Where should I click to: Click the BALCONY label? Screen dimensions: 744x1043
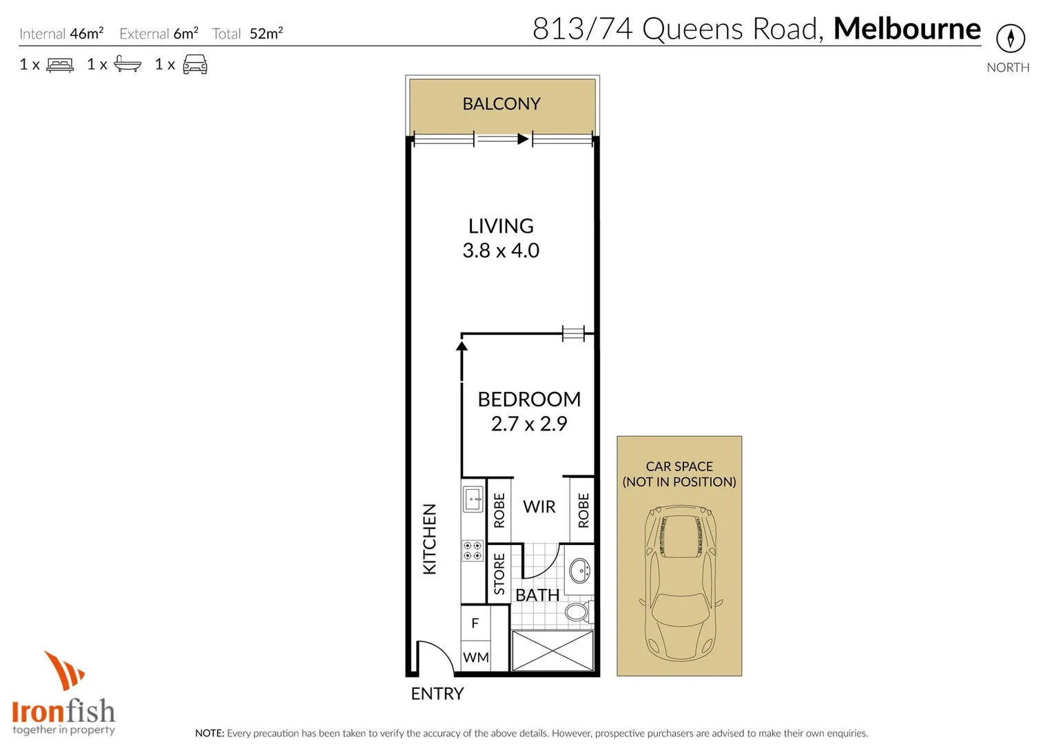pyautogui.click(x=501, y=104)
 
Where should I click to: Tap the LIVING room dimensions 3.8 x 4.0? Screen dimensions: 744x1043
pyautogui.click(x=501, y=251)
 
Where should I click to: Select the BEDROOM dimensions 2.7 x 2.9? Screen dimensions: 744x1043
pyautogui.click(x=528, y=424)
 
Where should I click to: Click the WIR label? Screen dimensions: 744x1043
pyautogui.click(x=539, y=507)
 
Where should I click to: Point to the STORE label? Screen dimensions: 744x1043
pyautogui.click(x=499, y=574)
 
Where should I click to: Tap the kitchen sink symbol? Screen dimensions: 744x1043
pyautogui.click(x=473, y=499)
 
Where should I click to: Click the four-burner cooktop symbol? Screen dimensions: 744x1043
pyautogui.click(x=473, y=550)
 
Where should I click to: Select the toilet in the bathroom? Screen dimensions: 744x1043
pyautogui.click(x=577, y=612)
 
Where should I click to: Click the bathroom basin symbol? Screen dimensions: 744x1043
pyautogui.click(x=580, y=570)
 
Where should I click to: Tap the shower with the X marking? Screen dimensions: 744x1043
pyautogui.click(x=553, y=650)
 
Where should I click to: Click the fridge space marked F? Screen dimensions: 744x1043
pyautogui.click(x=475, y=623)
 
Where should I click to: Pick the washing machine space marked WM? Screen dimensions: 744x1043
pyautogui.click(x=475, y=658)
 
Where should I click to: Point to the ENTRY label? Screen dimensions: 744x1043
pyautogui.click(x=437, y=694)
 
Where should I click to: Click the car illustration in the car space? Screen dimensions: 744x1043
pyautogui.click(x=679, y=583)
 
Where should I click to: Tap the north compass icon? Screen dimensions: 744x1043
pyautogui.click(x=1010, y=38)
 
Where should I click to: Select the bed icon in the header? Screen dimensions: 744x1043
pyautogui.click(x=60, y=65)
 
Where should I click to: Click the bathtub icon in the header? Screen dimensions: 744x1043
pyautogui.click(x=127, y=65)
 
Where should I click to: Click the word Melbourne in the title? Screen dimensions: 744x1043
pyautogui.click(x=907, y=29)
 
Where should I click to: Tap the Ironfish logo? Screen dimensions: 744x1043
pyautogui.click(x=63, y=696)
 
